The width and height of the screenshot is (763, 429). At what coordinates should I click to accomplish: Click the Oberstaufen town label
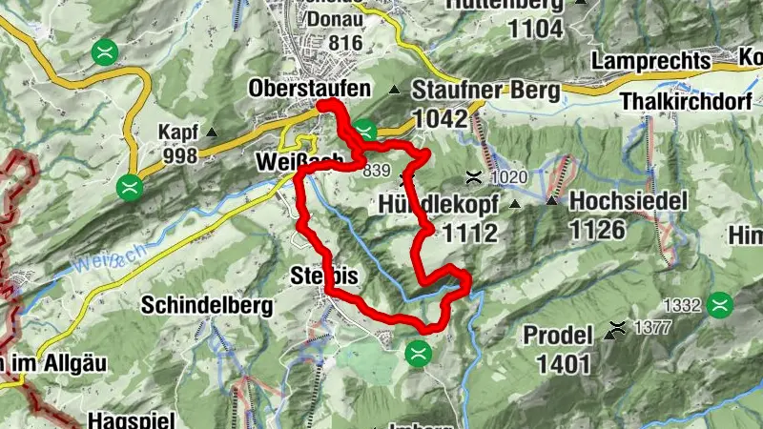click(x=309, y=89)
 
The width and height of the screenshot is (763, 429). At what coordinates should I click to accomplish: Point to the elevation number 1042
click(x=441, y=119)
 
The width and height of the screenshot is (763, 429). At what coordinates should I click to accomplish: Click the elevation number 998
click(x=179, y=155)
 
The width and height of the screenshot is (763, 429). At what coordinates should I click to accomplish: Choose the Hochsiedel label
click(x=616, y=202)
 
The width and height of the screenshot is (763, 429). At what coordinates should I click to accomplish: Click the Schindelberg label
click(x=207, y=306)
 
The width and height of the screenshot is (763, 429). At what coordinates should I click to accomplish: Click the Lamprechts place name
click(x=651, y=61)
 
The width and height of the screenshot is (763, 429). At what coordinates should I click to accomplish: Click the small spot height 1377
click(x=650, y=330)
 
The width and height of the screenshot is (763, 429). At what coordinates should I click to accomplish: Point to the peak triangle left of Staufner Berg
click(x=395, y=91)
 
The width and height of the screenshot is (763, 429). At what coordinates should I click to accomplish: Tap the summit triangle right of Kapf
click(x=212, y=133)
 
